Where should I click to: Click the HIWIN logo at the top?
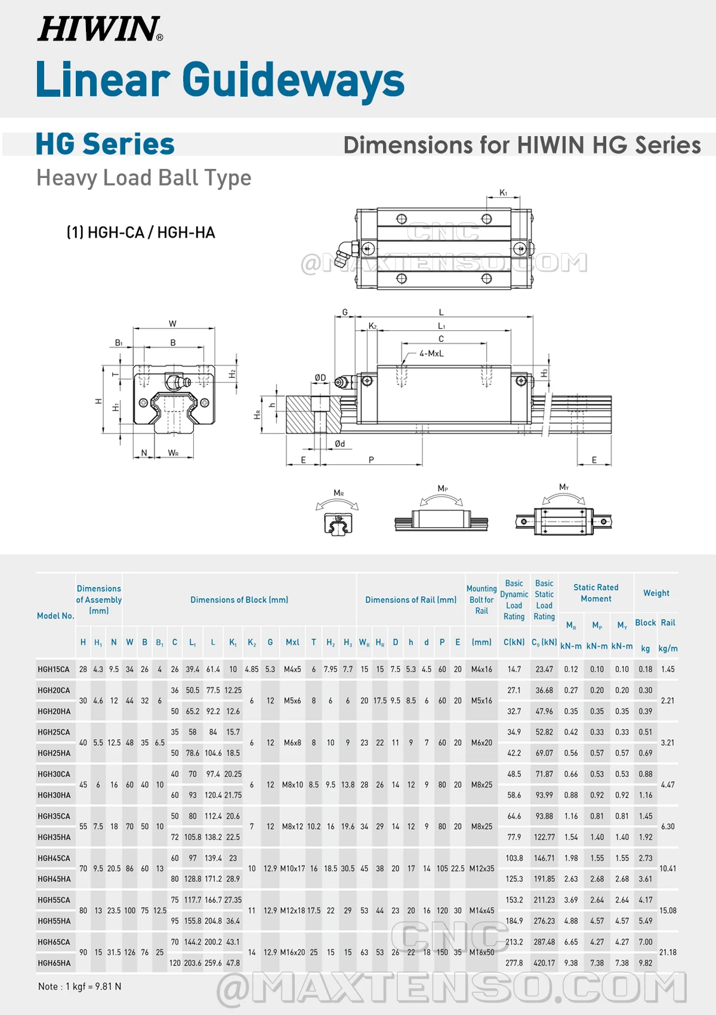[100, 29]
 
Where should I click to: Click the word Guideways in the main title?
[292, 80]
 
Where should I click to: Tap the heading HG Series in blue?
[105, 144]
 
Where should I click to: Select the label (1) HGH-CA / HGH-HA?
[141, 232]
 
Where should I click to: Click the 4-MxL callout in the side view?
[431, 353]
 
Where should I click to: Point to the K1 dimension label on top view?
[503, 193]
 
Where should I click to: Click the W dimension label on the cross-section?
[172, 324]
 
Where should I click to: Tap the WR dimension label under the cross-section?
[173, 453]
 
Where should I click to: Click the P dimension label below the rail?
[371, 460]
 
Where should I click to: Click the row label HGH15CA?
[54, 669]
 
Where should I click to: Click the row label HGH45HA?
[54, 879]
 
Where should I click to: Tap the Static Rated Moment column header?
[595, 593]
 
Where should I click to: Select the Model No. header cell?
[55, 616]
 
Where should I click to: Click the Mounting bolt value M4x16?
[482, 669]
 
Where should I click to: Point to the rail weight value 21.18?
[668, 952]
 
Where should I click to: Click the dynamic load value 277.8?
[514, 963]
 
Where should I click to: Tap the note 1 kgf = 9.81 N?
[79, 986]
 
